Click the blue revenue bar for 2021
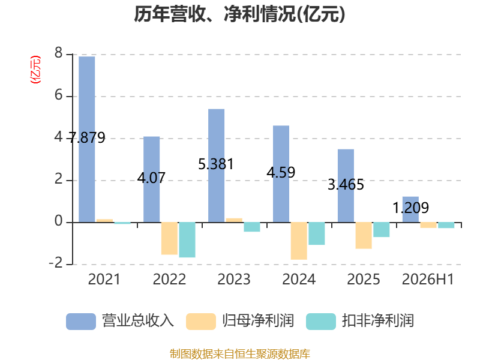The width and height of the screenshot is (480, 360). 86,139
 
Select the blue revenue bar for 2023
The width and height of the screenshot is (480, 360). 216,166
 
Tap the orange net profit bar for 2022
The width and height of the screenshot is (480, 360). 169,238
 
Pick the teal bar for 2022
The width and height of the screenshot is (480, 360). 187,240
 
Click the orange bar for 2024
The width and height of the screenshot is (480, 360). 299,241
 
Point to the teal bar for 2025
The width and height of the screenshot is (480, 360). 382,230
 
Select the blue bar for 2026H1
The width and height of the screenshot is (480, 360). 410,209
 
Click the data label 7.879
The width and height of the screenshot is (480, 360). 87,137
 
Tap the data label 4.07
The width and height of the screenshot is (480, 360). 151,178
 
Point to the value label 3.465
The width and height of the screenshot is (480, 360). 346,185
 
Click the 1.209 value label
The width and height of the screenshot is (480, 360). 410,208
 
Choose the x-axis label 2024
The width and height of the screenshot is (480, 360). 299,279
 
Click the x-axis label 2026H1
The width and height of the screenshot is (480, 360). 428,279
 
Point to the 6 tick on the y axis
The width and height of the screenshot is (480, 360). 58,95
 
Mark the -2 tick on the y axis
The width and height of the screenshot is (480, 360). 56,263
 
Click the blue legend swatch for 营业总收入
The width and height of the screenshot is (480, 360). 81,322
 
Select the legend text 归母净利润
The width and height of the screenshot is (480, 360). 258,321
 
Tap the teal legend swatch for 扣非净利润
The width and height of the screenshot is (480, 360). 321,322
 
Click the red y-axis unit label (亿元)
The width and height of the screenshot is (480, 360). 35,70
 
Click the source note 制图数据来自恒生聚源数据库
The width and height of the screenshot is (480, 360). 240,354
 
